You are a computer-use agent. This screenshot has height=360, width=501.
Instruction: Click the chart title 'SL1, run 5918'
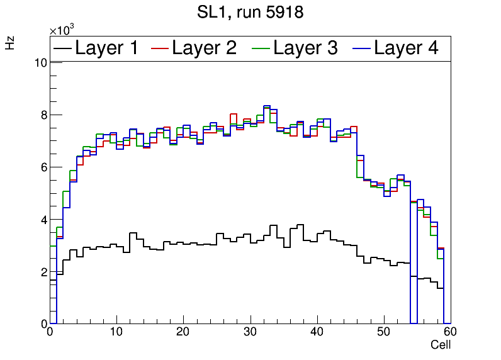coord(250,12)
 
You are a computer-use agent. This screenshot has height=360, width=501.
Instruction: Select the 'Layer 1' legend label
coord(106,48)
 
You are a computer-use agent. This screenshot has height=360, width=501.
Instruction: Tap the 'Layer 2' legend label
coord(204,48)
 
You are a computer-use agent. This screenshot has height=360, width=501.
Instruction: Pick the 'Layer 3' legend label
coord(306,48)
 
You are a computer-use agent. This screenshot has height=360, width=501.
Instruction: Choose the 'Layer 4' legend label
coord(406,48)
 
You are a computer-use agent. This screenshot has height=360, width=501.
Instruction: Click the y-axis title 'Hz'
coord(11,43)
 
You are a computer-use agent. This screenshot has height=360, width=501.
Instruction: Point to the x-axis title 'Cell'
coord(441,346)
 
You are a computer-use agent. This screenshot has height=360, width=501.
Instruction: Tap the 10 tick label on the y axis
coord(40,62)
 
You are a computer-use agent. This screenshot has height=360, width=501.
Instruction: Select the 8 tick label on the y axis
coord(43,115)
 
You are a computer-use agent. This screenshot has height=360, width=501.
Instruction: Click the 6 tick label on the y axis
coord(43,167)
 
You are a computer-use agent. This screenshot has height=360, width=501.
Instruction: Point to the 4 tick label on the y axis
coord(43,220)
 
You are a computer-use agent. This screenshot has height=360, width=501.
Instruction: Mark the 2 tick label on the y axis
coord(43,272)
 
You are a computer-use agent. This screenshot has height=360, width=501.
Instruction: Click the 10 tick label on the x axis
coord(116,333)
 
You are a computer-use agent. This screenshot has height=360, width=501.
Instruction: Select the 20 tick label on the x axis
coord(183,333)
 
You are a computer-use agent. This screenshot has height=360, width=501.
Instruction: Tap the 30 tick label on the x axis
coord(250,333)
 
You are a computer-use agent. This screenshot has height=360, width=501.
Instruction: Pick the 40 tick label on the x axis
coord(317,333)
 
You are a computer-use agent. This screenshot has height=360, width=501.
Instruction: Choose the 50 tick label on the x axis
coord(383,333)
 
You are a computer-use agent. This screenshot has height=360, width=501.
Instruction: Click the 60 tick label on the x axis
coord(449,333)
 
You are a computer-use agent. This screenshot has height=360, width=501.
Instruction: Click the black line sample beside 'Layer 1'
coord(63,48)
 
